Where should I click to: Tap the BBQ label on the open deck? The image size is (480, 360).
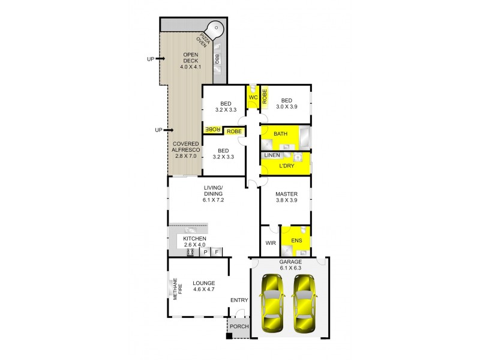(217, 59)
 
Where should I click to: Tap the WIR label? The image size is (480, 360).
(269, 243)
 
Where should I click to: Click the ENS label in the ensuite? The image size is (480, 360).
(296, 241)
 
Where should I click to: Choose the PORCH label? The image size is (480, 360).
(239, 327)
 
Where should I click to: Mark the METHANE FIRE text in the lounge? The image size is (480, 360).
(176, 289)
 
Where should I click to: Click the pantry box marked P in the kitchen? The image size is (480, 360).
(205, 253)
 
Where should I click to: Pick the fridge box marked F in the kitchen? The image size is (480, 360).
(217, 253)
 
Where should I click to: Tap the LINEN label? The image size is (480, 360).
(272, 155)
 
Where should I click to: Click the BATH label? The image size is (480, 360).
(281, 133)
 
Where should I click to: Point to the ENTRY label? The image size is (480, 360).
(239, 300)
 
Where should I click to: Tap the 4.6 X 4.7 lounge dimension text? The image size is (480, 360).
(203, 290)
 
